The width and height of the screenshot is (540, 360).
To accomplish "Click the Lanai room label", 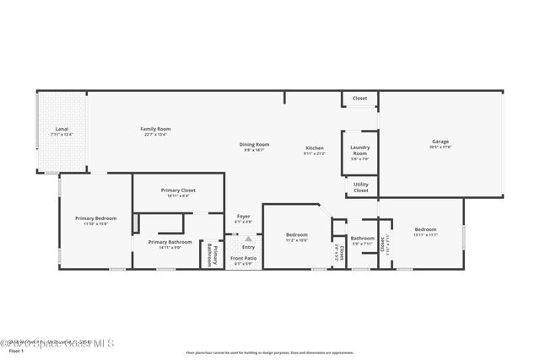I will click(61, 129).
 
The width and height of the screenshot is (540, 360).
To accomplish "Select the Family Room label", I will click(155, 129).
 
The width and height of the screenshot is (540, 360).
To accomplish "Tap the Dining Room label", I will click(256, 144).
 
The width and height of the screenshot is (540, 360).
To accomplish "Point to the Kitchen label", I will click(314, 148).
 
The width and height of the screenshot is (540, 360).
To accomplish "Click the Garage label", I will click(440, 142).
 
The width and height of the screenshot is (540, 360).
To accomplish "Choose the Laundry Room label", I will click(359, 150).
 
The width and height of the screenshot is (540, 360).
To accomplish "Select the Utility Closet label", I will click(360, 188).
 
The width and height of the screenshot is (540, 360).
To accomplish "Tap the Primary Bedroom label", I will click(94, 218).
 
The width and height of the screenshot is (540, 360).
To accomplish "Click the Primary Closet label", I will click(178, 191).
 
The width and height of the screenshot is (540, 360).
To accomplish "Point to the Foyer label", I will click(243, 216).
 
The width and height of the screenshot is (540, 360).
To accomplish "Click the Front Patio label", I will click(243, 258).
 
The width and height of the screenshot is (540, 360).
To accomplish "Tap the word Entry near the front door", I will click(248, 247).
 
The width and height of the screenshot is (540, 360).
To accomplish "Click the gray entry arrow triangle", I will click(248, 239).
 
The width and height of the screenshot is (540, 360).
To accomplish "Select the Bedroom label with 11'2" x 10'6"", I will click(296, 235).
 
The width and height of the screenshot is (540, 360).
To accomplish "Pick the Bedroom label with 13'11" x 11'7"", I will click(425, 229).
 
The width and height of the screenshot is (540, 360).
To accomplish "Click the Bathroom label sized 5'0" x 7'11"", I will click(362, 238).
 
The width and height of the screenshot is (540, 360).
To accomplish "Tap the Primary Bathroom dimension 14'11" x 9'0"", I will click(170, 247).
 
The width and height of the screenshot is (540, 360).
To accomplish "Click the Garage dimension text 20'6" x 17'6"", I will click(440, 147).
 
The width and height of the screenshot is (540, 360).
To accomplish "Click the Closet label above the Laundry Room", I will click(359, 99).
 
